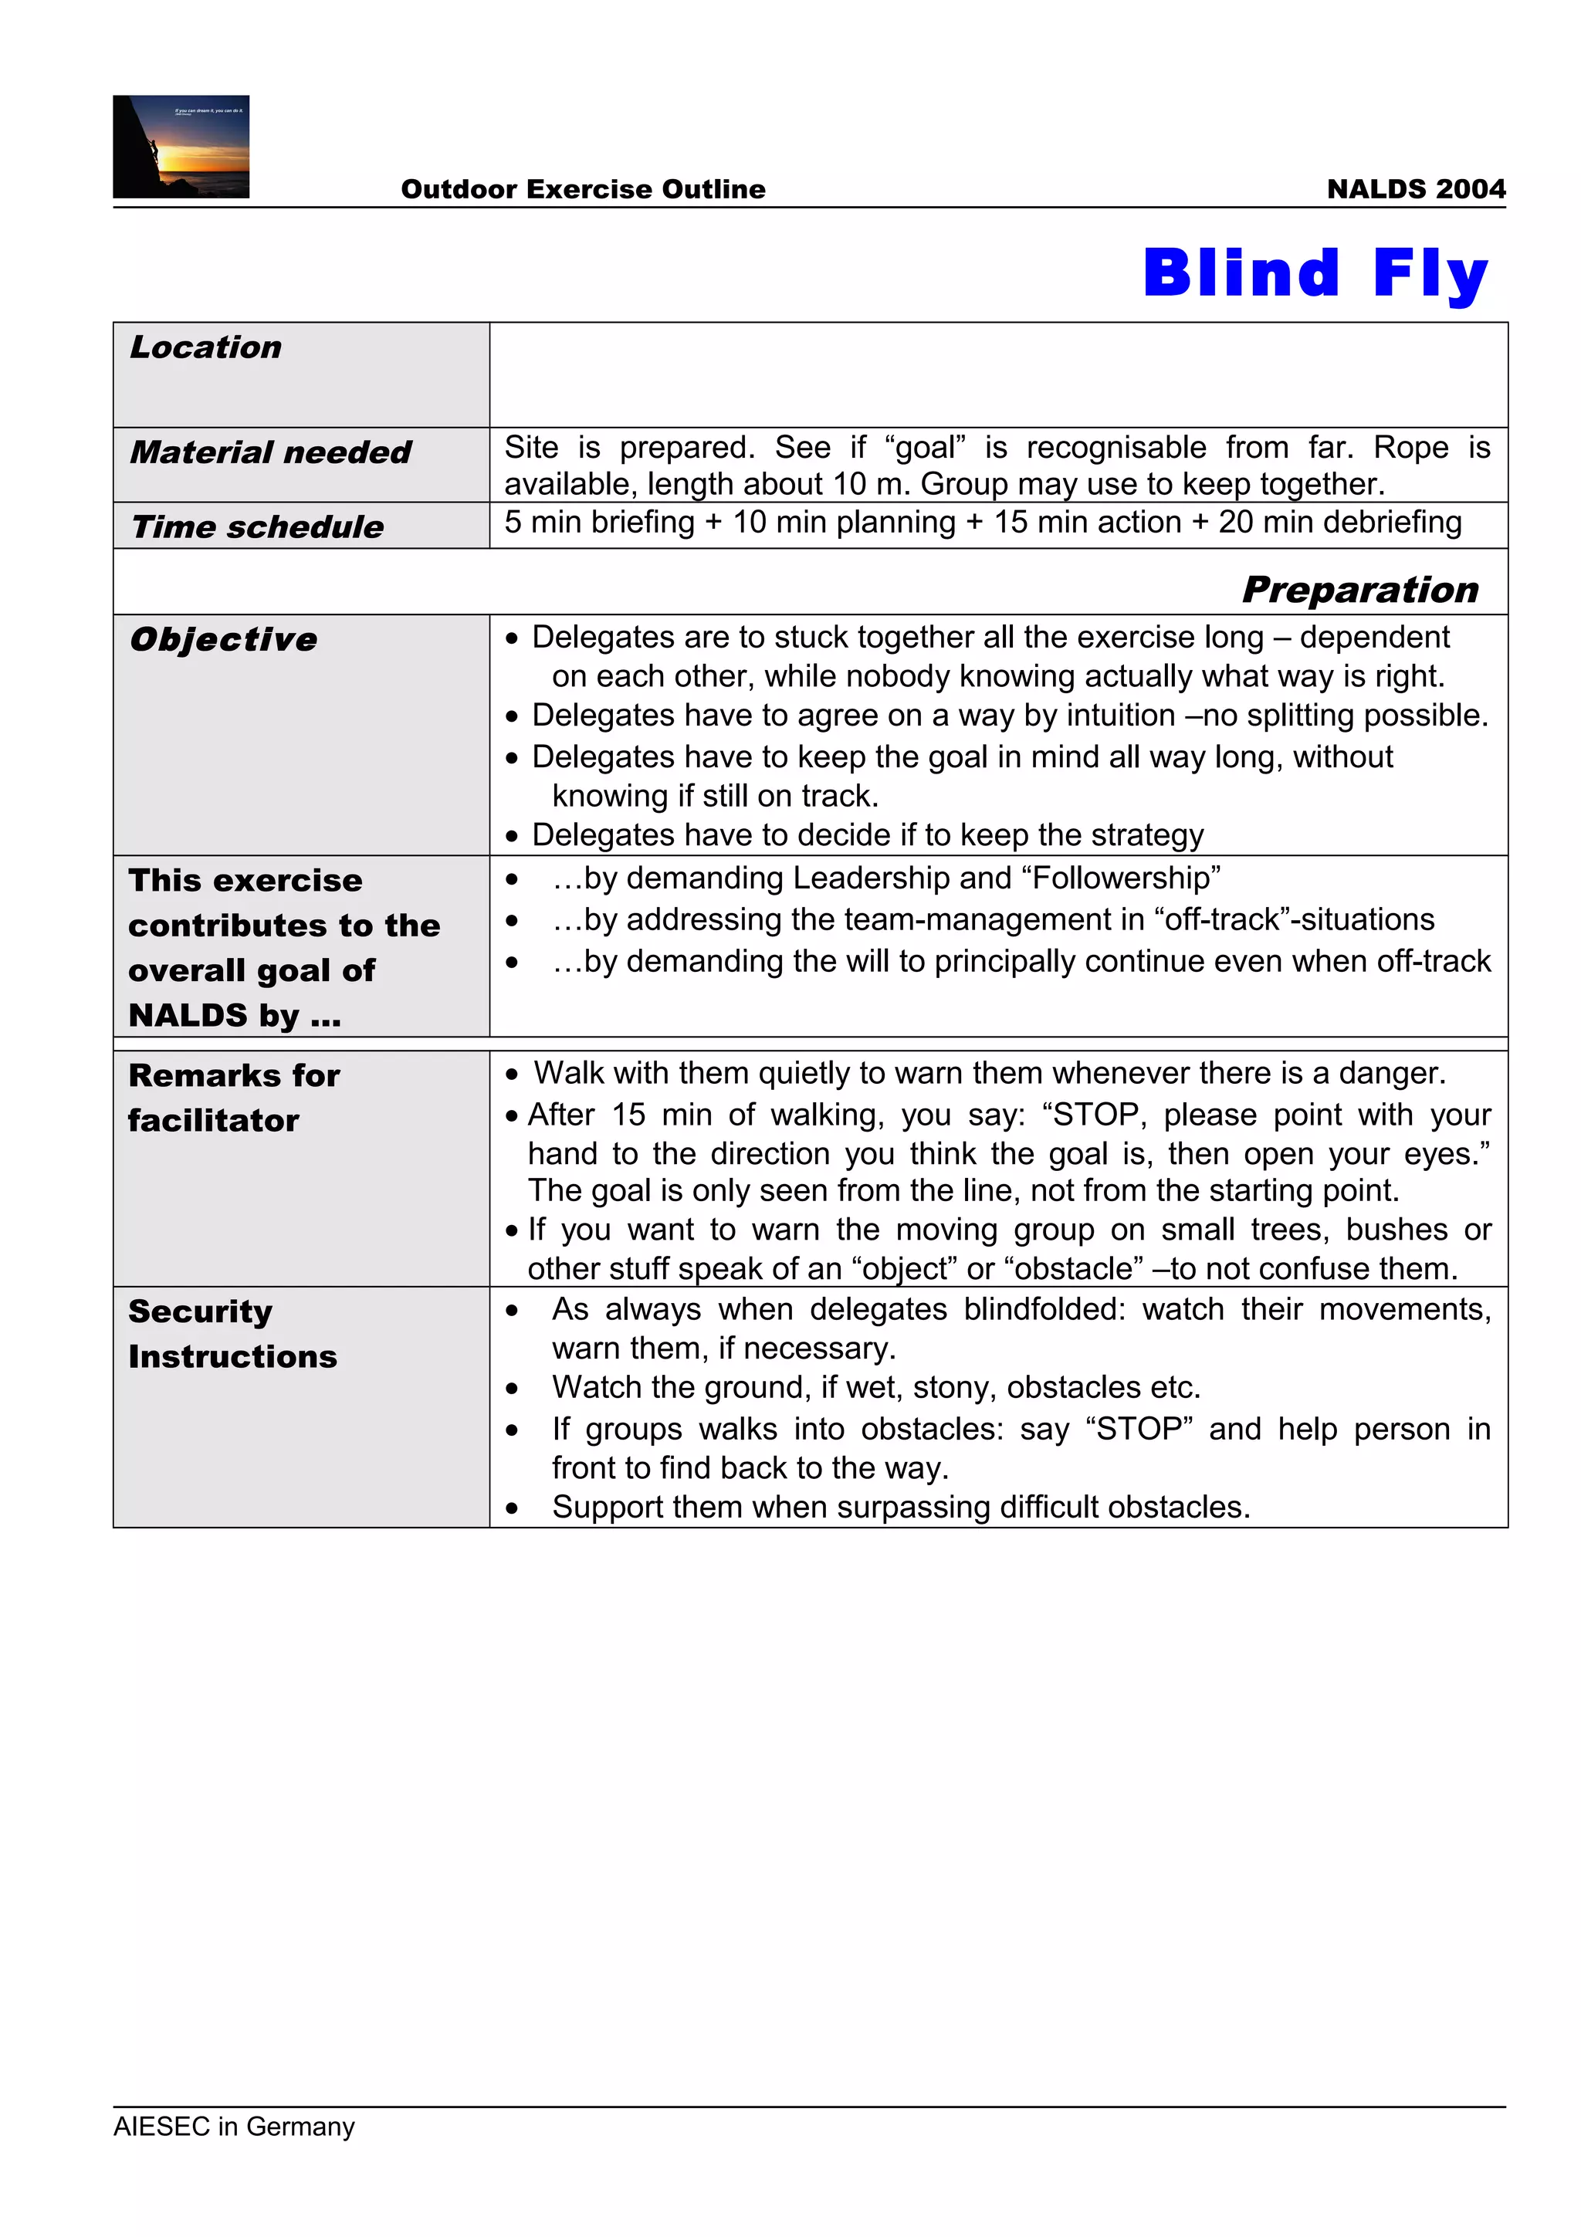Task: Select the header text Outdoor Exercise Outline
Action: coord(583,189)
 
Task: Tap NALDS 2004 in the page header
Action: coord(1415,189)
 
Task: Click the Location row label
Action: coord(205,348)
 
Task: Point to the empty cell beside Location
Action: coord(997,374)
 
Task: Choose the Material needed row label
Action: coord(271,453)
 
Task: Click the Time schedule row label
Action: coord(257,527)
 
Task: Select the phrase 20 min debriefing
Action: coord(1339,523)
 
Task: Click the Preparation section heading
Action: coord(1360,590)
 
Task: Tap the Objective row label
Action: coord(223,639)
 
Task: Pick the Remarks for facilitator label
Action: coord(234,1098)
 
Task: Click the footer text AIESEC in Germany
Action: coord(234,2125)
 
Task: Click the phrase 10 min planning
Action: coord(844,523)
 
